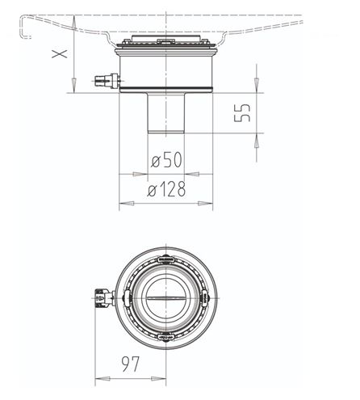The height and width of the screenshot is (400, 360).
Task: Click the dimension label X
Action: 60,54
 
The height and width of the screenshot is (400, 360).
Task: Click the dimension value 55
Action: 242,112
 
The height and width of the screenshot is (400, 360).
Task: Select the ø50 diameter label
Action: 166,159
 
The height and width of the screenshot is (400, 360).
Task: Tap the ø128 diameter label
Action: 166,189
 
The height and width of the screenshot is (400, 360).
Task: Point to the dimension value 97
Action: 131,364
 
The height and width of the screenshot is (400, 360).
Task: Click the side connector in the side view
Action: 107,81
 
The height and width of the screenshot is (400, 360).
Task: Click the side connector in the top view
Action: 104,298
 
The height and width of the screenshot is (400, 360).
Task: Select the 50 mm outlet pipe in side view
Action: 166,113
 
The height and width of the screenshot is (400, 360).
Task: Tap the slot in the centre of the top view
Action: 165,298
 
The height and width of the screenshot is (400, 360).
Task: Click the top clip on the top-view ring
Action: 165,259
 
